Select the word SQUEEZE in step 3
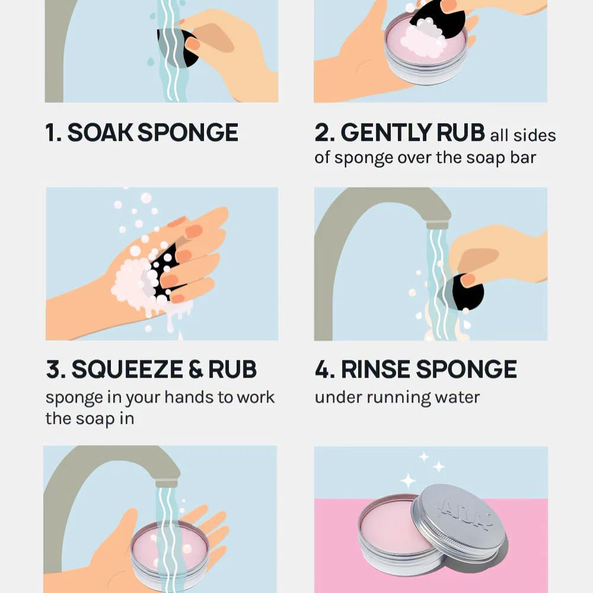point(127,369)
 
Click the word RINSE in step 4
point(375,369)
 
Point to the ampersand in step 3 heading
point(196,369)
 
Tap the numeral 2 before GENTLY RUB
point(321,132)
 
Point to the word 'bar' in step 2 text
point(523,157)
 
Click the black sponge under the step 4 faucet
point(464,292)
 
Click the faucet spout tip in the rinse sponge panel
point(438,226)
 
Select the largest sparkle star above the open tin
point(408,481)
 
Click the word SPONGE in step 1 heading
point(187,132)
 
